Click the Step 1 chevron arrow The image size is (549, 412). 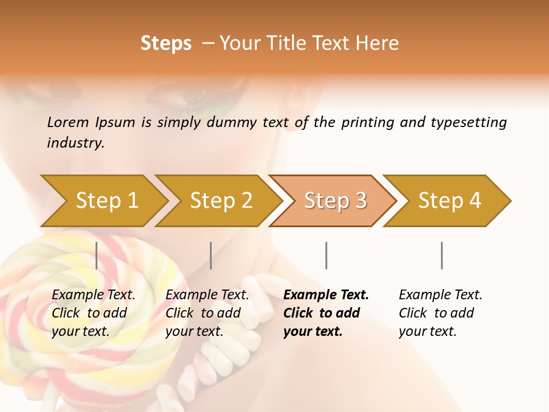pos(106,201)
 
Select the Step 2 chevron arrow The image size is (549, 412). pos(220,201)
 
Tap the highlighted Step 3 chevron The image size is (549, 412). pos(335,201)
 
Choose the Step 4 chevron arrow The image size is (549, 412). pos(449,201)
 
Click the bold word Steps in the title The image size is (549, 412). pos(166,43)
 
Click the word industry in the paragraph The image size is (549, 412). pos(75,142)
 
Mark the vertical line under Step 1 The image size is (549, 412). pos(97,255)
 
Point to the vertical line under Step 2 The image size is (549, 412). pos(211,255)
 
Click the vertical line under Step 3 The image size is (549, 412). pos(326,255)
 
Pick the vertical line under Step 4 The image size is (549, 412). pos(441,255)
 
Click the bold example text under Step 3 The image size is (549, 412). pos(325,313)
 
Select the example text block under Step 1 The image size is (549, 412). pos(93,313)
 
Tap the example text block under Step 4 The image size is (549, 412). pos(439,313)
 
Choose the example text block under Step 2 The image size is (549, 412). pos(206,313)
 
